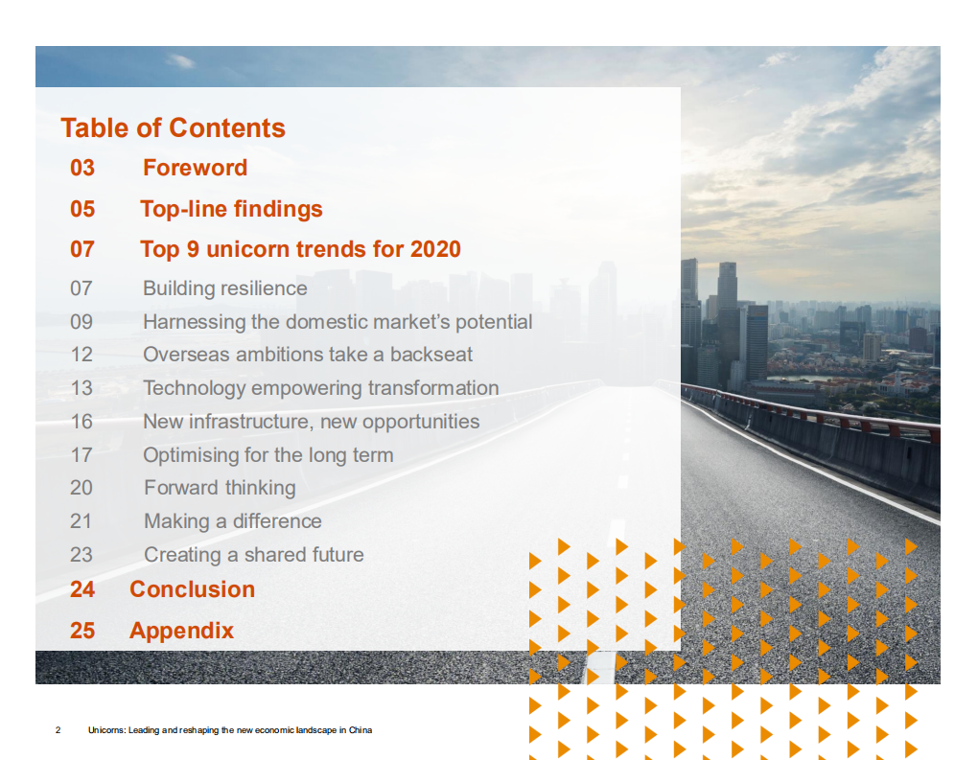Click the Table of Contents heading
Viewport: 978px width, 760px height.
click(x=173, y=128)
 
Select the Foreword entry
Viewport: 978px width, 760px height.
click(x=195, y=168)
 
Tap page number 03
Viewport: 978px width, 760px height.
click(x=82, y=168)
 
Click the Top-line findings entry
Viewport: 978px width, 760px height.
click(x=231, y=209)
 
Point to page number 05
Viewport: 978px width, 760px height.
click(x=82, y=209)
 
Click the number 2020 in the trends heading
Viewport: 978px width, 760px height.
click(x=435, y=249)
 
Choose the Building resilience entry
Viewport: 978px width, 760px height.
click(x=225, y=288)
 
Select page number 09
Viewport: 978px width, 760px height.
click(x=81, y=322)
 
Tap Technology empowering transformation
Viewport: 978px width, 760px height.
click(x=320, y=388)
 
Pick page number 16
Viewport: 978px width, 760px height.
click(x=81, y=422)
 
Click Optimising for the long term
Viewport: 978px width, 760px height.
click(x=268, y=455)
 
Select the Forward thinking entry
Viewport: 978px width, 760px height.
click(x=220, y=488)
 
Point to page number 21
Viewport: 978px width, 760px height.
click(x=81, y=521)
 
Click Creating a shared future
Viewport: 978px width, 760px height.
click(x=254, y=555)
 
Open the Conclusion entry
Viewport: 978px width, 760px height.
click(x=192, y=589)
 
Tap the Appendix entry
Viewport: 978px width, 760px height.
click(x=181, y=631)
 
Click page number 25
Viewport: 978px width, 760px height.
click(x=82, y=631)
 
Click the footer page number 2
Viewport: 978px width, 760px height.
click(x=58, y=730)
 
